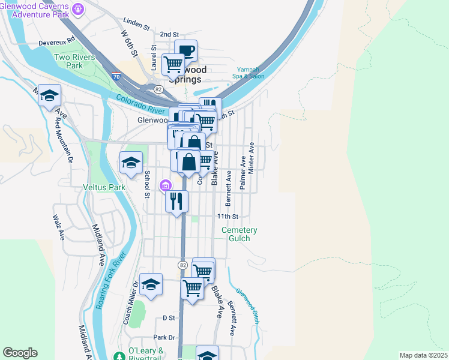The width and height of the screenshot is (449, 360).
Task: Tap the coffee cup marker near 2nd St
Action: (185, 51)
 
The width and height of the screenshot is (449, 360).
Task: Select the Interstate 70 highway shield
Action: (116, 77)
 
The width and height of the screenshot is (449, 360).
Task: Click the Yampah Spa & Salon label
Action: (250, 73)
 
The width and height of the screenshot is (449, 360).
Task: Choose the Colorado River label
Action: (140, 105)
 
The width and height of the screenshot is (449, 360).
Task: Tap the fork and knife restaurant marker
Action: (176, 201)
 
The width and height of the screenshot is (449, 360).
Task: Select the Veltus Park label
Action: (104, 187)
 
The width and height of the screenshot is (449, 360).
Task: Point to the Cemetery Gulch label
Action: (240, 234)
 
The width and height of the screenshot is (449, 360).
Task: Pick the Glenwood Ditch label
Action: (247, 305)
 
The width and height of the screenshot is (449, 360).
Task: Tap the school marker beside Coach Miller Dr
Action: (151, 284)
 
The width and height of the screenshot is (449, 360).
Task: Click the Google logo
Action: (20, 353)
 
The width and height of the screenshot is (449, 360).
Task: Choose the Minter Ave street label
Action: (252, 158)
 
